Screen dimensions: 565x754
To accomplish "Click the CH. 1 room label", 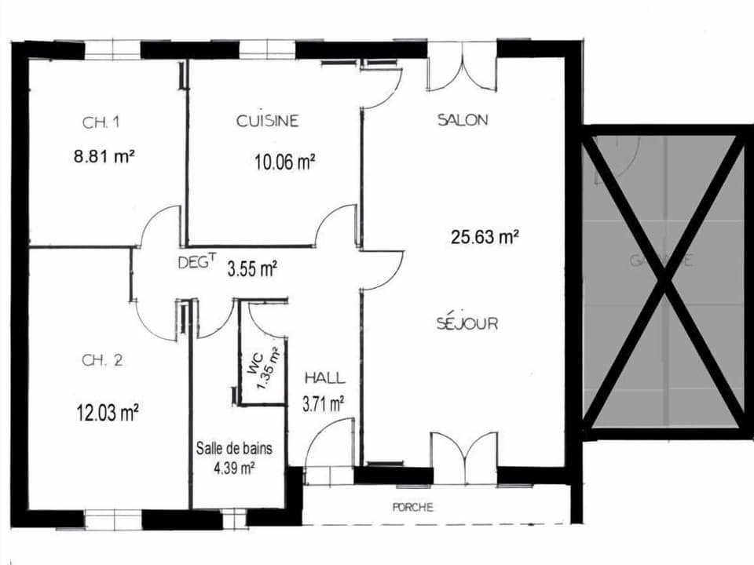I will pos(101,122).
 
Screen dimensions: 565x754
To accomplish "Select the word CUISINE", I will pos(268,121).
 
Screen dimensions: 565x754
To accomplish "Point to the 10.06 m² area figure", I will pos(284,162).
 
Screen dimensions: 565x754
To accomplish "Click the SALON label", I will pos(463,120).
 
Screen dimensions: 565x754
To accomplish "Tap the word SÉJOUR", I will pos(467,323).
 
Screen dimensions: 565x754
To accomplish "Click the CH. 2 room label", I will pos(102,361).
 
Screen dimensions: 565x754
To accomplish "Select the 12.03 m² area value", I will pos(108,412).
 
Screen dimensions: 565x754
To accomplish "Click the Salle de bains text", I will pos(234,450).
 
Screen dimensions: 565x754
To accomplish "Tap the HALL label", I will pos(324,378).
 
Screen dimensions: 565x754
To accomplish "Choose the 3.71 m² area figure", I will pos(324,405).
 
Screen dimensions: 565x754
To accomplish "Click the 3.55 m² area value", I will pos(251,270).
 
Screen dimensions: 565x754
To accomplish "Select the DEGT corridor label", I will pos(196,264).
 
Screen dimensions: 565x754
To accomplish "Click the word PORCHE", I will pos(412,508).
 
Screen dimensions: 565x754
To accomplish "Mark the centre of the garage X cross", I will pos(666,278).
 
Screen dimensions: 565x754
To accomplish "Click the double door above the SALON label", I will pos(463,68).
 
